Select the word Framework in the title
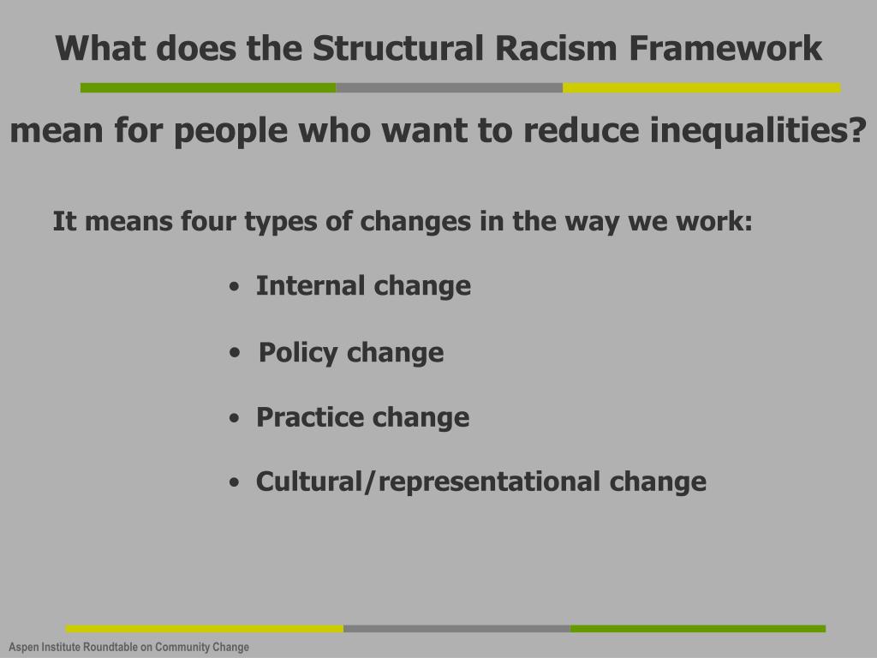coord(725,49)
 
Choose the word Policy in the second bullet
coord(298,352)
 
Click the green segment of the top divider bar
coord(208,87)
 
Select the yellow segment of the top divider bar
coord(701,87)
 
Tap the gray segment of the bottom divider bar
coord(456,629)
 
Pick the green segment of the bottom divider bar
coord(697,629)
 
